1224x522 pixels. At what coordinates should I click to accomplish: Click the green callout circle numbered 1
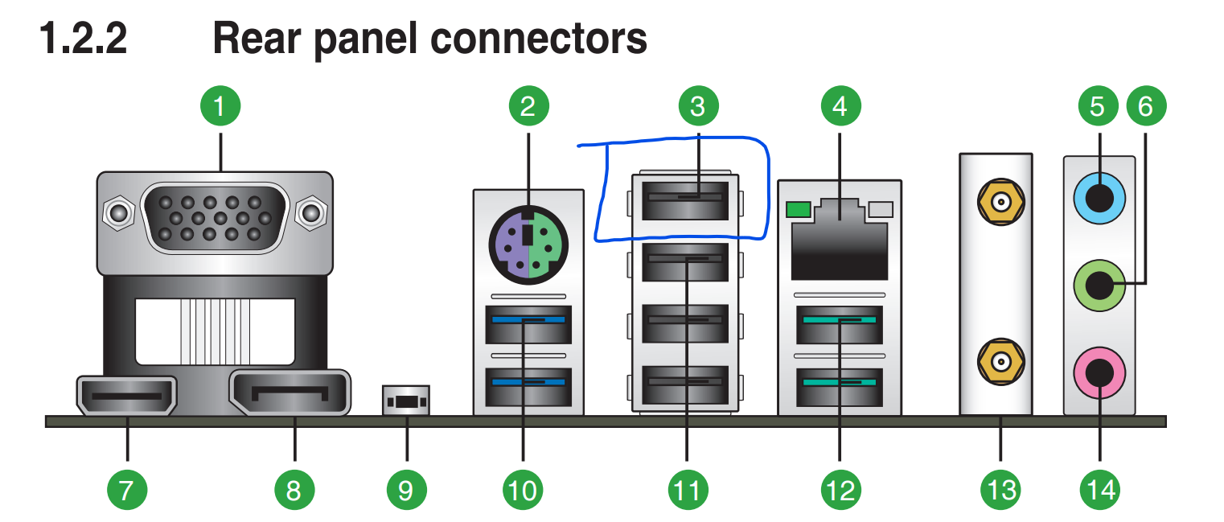[x=220, y=106]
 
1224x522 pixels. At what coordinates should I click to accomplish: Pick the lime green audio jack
[x=1099, y=283]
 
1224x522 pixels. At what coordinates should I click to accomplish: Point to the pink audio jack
[x=1099, y=372]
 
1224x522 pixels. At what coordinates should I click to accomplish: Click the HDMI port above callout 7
[x=125, y=396]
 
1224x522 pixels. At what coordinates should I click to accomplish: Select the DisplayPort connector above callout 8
[x=290, y=394]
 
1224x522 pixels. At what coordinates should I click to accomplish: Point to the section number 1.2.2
[x=84, y=38]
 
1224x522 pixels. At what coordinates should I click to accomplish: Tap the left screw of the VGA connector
[x=118, y=214]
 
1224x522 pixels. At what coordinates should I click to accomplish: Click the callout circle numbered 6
[x=1145, y=106]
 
